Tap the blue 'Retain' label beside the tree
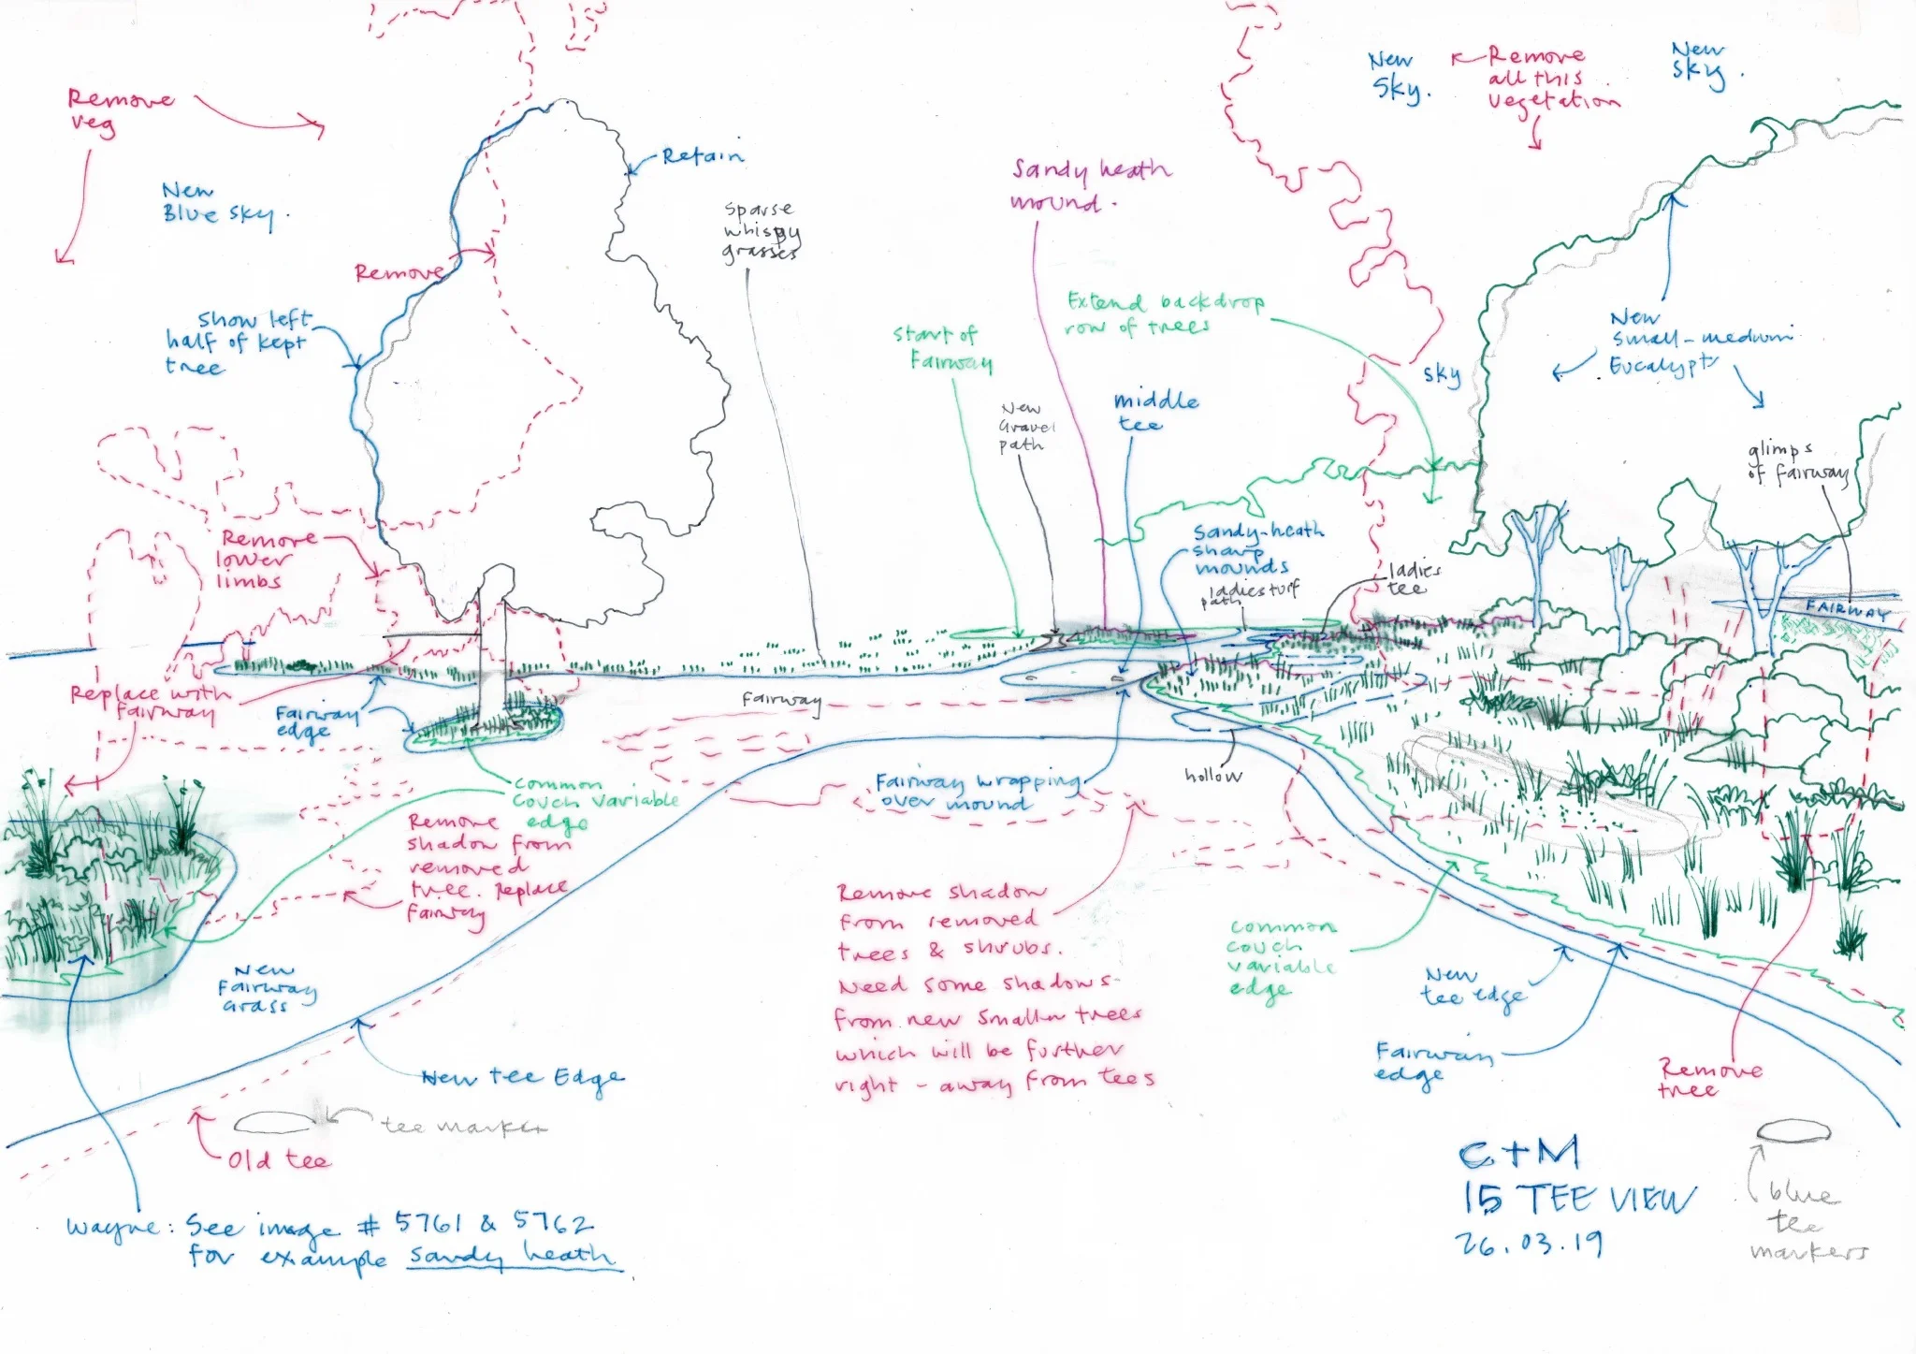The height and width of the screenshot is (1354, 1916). coord(702,156)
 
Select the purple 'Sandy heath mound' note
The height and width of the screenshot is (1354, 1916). coord(1089,185)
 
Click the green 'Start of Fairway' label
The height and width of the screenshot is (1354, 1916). coord(942,348)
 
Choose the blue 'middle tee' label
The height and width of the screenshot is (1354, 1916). coord(1154,412)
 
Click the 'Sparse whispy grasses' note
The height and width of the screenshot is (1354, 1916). coord(761,230)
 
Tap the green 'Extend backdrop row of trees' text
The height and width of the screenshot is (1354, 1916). coord(1165,313)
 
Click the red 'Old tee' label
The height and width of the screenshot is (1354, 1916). coord(278,1160)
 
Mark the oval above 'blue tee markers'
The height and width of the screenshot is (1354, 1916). coord(1791,1131)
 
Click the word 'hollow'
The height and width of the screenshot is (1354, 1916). coord(1212,775)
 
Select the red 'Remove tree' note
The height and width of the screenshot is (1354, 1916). coord(1709,1078)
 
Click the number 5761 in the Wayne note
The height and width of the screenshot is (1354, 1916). coord(428,1223)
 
